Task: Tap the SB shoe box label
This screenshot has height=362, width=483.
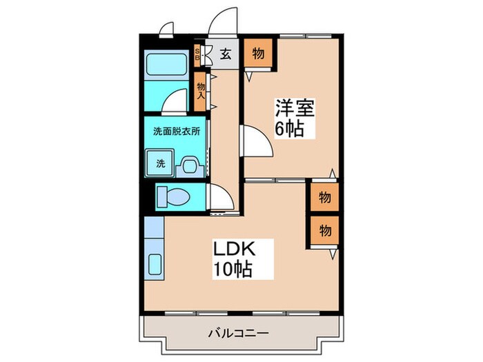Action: point(197,54)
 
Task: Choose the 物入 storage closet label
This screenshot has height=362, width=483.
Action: point(201,90)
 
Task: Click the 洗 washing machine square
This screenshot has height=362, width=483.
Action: point(160,164)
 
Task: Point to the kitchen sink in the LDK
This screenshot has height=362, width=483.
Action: point(155,264)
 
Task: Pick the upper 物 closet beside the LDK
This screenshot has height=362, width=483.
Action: point(324,198)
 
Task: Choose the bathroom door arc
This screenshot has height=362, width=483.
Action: point(178,101)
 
